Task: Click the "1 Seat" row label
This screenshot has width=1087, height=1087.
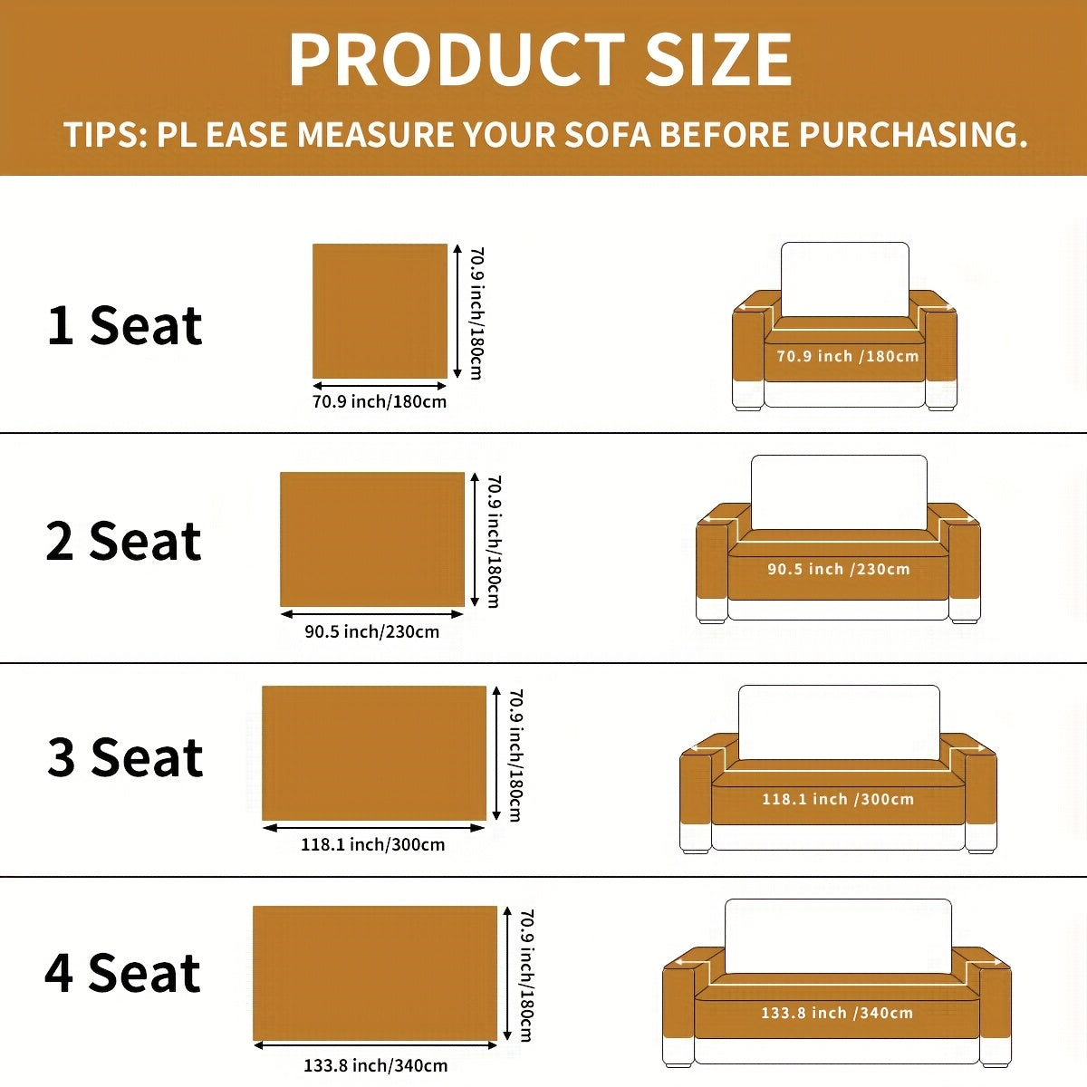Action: tap(124, 325)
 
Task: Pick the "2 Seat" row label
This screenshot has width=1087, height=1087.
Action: tap(123, 541)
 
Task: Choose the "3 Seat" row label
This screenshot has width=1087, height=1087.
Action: tap(125, 757)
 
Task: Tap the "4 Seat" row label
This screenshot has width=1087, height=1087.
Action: tap(123, 973)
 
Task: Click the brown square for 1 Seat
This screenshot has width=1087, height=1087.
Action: tap(380, 311)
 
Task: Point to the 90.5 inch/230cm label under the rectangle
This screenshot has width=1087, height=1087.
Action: tap(372, 631)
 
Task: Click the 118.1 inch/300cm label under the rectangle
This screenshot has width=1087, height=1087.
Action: tap(373, 844)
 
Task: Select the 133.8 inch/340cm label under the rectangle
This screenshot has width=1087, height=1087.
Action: tap(376, 1065)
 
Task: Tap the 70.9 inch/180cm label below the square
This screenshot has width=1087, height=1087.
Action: tap(380, 401)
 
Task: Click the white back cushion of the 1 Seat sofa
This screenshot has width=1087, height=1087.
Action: tap(845, 279)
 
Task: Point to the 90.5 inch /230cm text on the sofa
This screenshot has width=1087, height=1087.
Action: tap(839, 569)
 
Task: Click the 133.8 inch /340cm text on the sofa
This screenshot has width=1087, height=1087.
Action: tap(837, 1013)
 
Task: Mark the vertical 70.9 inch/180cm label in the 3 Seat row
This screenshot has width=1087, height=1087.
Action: tap(515, 755)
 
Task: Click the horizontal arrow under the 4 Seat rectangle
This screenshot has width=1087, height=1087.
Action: tap(376, 1045)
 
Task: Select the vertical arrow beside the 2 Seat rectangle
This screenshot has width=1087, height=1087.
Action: tap(475, 540)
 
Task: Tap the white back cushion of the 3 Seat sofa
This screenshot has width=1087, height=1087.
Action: tap(839, 723)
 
